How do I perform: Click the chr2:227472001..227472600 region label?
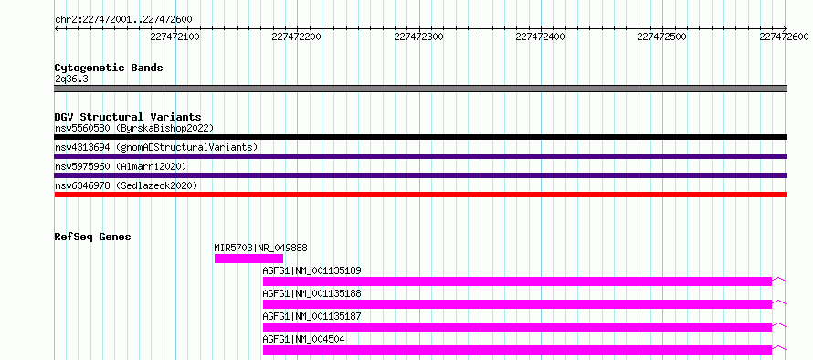123,20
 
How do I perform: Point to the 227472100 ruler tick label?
174,37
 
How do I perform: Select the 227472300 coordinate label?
419,37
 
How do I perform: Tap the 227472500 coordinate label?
661,37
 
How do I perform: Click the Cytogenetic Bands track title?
109,68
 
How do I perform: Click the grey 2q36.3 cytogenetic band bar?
421,89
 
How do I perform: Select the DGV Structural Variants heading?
128,117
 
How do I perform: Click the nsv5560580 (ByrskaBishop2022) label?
134,128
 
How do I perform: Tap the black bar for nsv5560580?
421,137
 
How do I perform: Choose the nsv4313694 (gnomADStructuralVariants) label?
156,147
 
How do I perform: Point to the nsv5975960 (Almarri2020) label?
121,166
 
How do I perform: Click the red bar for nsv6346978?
421,195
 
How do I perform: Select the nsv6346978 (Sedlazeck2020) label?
126,185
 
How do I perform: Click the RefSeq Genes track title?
93,237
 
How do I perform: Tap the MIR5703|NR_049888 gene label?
261,248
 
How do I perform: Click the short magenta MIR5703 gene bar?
248,259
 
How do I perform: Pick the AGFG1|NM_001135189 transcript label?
312,270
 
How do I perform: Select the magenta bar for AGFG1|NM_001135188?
517,304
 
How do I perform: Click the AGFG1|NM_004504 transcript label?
304,339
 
